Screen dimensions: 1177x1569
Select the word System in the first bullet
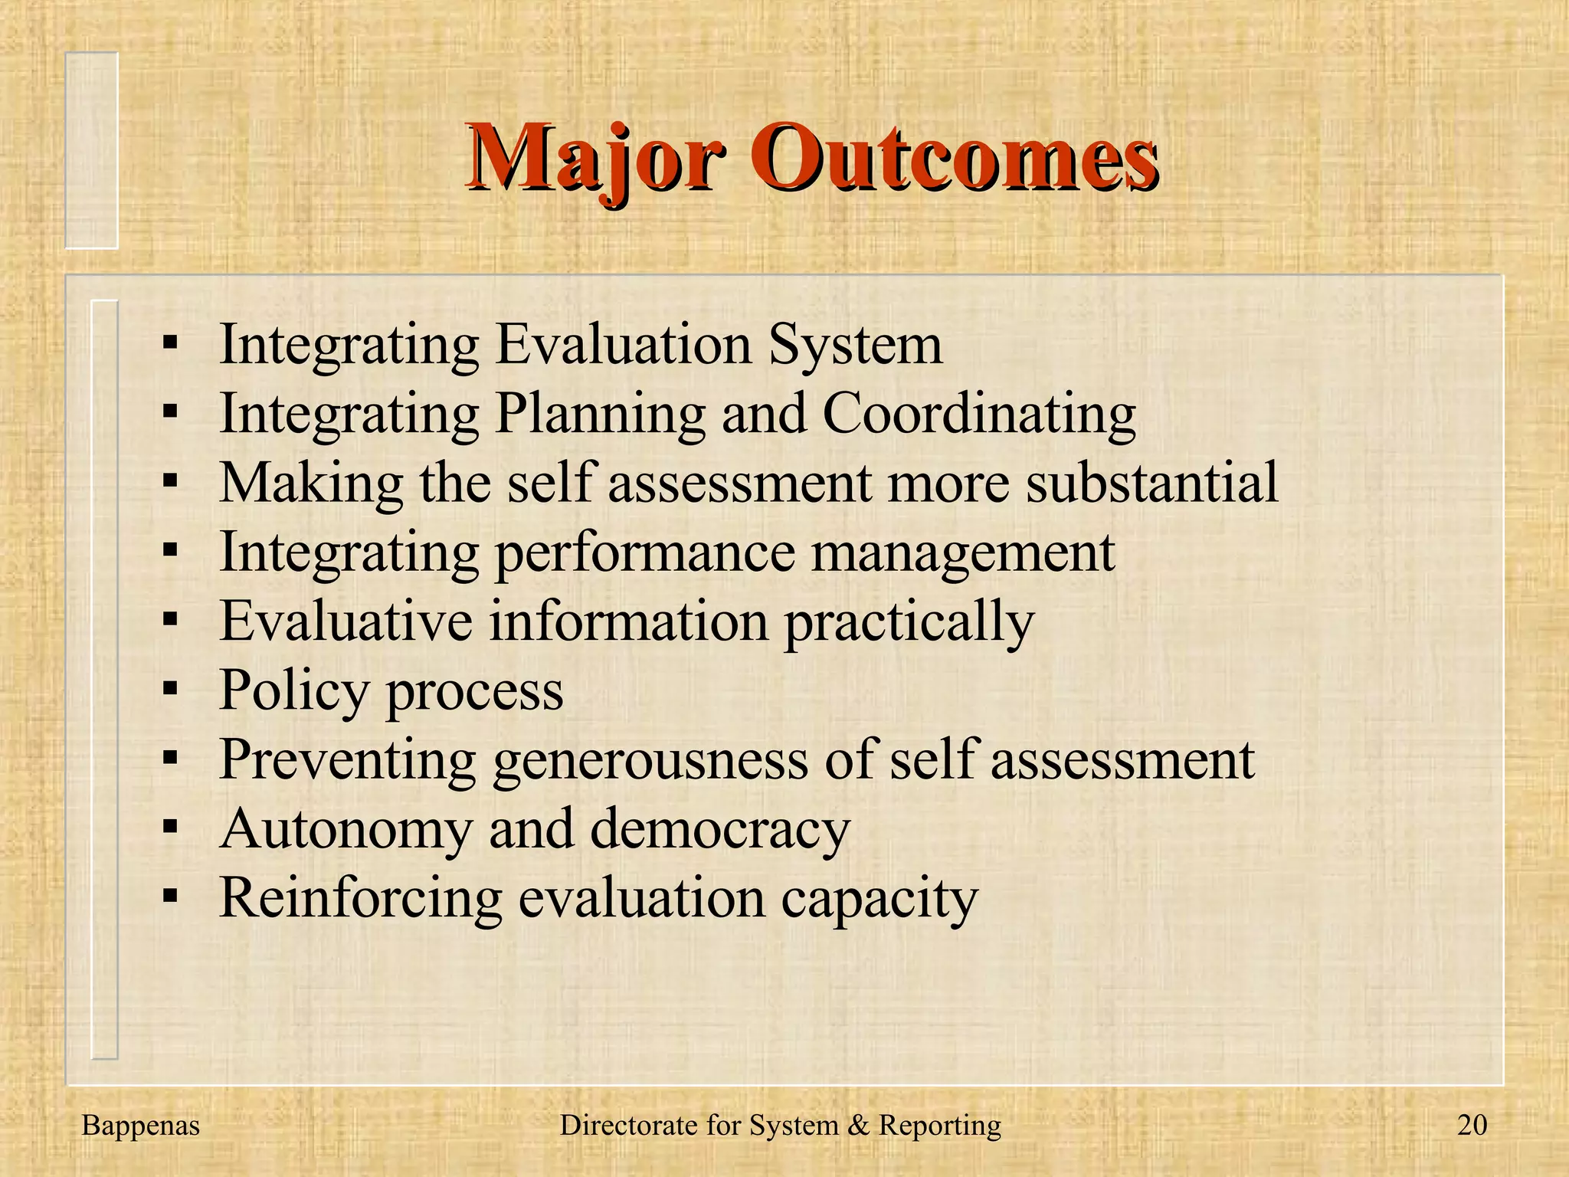(855, 344)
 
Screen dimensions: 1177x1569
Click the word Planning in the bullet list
(600, 415)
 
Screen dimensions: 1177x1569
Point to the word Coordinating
(978, 415)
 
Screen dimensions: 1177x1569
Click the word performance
(645, 553)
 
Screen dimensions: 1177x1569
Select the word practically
(909, 622)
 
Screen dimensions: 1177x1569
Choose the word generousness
(650, 760)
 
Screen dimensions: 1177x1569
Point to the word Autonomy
(346, 829)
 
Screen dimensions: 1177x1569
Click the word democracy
(720, 829)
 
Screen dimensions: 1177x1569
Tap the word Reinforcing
(360, 897)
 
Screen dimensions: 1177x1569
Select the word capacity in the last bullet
(879, 899)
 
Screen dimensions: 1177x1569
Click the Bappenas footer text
(140, 1125)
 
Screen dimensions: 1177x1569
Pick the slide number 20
(1472, 1125)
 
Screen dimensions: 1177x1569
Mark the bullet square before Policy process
(170, 688)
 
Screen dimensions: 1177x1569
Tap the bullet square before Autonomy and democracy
(170, 826)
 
